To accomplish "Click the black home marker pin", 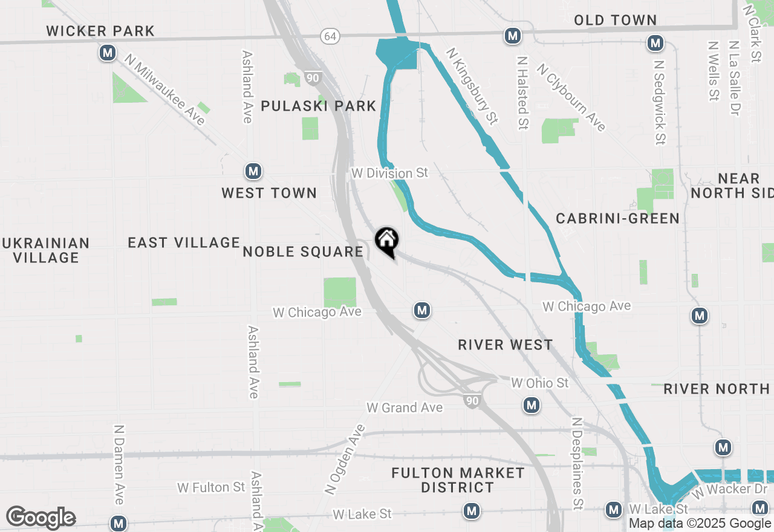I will (x=387, y=242).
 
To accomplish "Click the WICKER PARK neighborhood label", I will (x=100, y=31).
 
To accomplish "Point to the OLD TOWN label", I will (x=615, y=21).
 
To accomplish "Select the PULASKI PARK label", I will (x=319, y=106).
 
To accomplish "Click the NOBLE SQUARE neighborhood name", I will (x=302, y=251).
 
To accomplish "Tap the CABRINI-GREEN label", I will (x=617, y=218).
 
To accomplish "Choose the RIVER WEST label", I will (x=505, y=345).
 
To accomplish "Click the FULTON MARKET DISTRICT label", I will (x=458, y=480).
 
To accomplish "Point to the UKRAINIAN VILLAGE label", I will (x=46, y=250).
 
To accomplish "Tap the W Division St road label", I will (x=390, y=173).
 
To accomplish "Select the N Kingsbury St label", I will (x=472, y=86).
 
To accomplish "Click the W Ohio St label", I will (x=539, y=383).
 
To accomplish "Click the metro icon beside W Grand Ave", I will (x=531, y=405).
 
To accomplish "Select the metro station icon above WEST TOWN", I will (x=253, y=172).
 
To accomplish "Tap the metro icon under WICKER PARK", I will (x=108, y=53).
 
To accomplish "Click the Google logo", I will (x=41, y=517).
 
